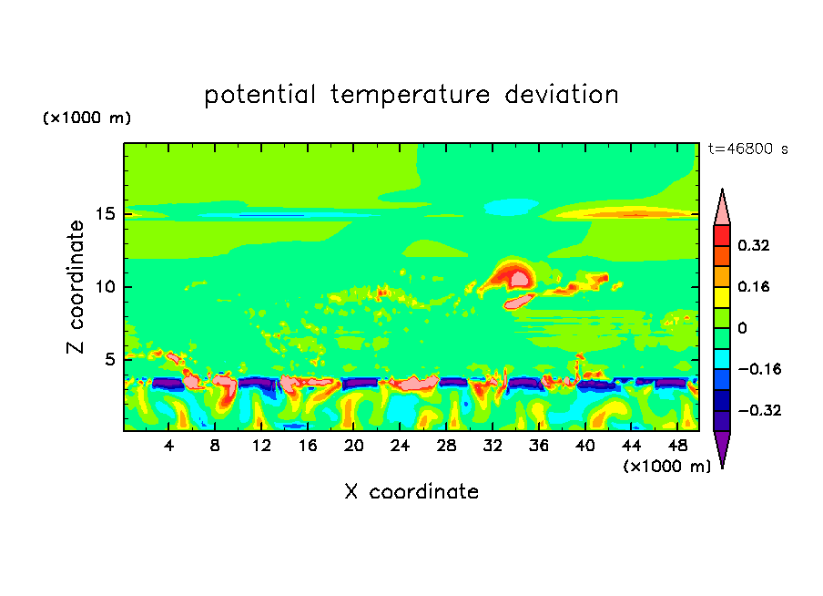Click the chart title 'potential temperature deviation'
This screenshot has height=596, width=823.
[411, 95]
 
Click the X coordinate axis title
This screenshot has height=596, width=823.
[411, 492]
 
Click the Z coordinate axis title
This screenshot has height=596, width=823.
[76, 287]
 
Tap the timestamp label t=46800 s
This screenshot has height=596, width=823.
[747, 149]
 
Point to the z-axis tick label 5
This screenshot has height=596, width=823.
[107, 359]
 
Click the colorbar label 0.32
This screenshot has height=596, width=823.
[755, 245]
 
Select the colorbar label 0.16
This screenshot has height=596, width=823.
[755, 286]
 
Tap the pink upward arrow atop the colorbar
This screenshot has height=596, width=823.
[722, 209]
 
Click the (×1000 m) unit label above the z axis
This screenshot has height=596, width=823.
[86, 118]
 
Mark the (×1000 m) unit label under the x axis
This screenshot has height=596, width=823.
[666, 467]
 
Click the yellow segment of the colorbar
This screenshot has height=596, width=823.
[722, 296]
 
